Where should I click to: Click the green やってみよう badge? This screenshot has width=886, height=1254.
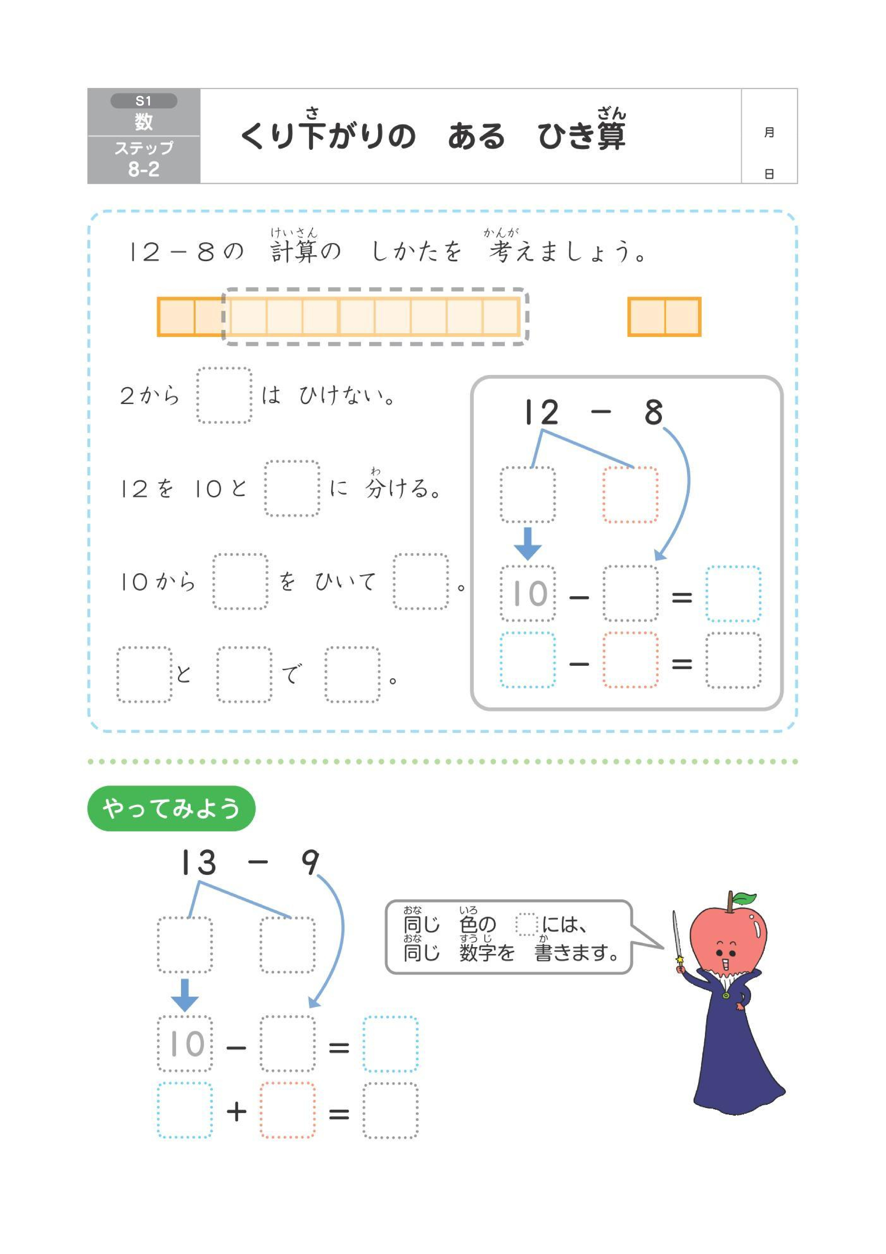[x=171, y=808]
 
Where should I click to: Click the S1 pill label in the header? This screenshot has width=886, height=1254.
[x=143, y=101]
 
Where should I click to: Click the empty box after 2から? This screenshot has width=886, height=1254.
[x=224, y=395]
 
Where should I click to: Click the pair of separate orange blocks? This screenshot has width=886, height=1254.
[x=664, y=316]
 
